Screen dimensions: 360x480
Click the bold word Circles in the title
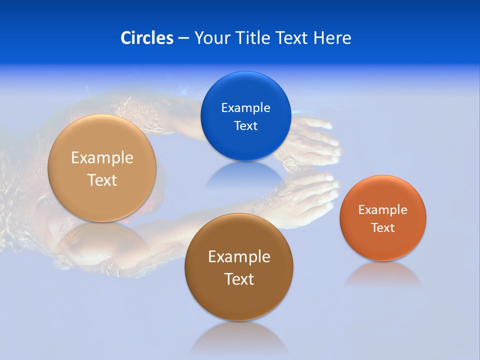(x=146, y=38)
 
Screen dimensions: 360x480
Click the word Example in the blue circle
(x=246, y=107)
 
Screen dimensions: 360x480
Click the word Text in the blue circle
(x=246, y=125)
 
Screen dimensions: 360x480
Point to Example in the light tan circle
(x=102, y=157)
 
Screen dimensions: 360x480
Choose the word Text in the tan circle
(x=102, y=180)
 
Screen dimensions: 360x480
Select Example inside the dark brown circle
(x=239, y=256)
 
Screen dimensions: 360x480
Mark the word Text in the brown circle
(x=239, y=279)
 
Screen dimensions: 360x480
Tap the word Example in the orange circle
(x=383, y=209)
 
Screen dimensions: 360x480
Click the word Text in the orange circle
(x=383, y=227)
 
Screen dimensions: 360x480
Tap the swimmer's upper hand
(x=315, y=137)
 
